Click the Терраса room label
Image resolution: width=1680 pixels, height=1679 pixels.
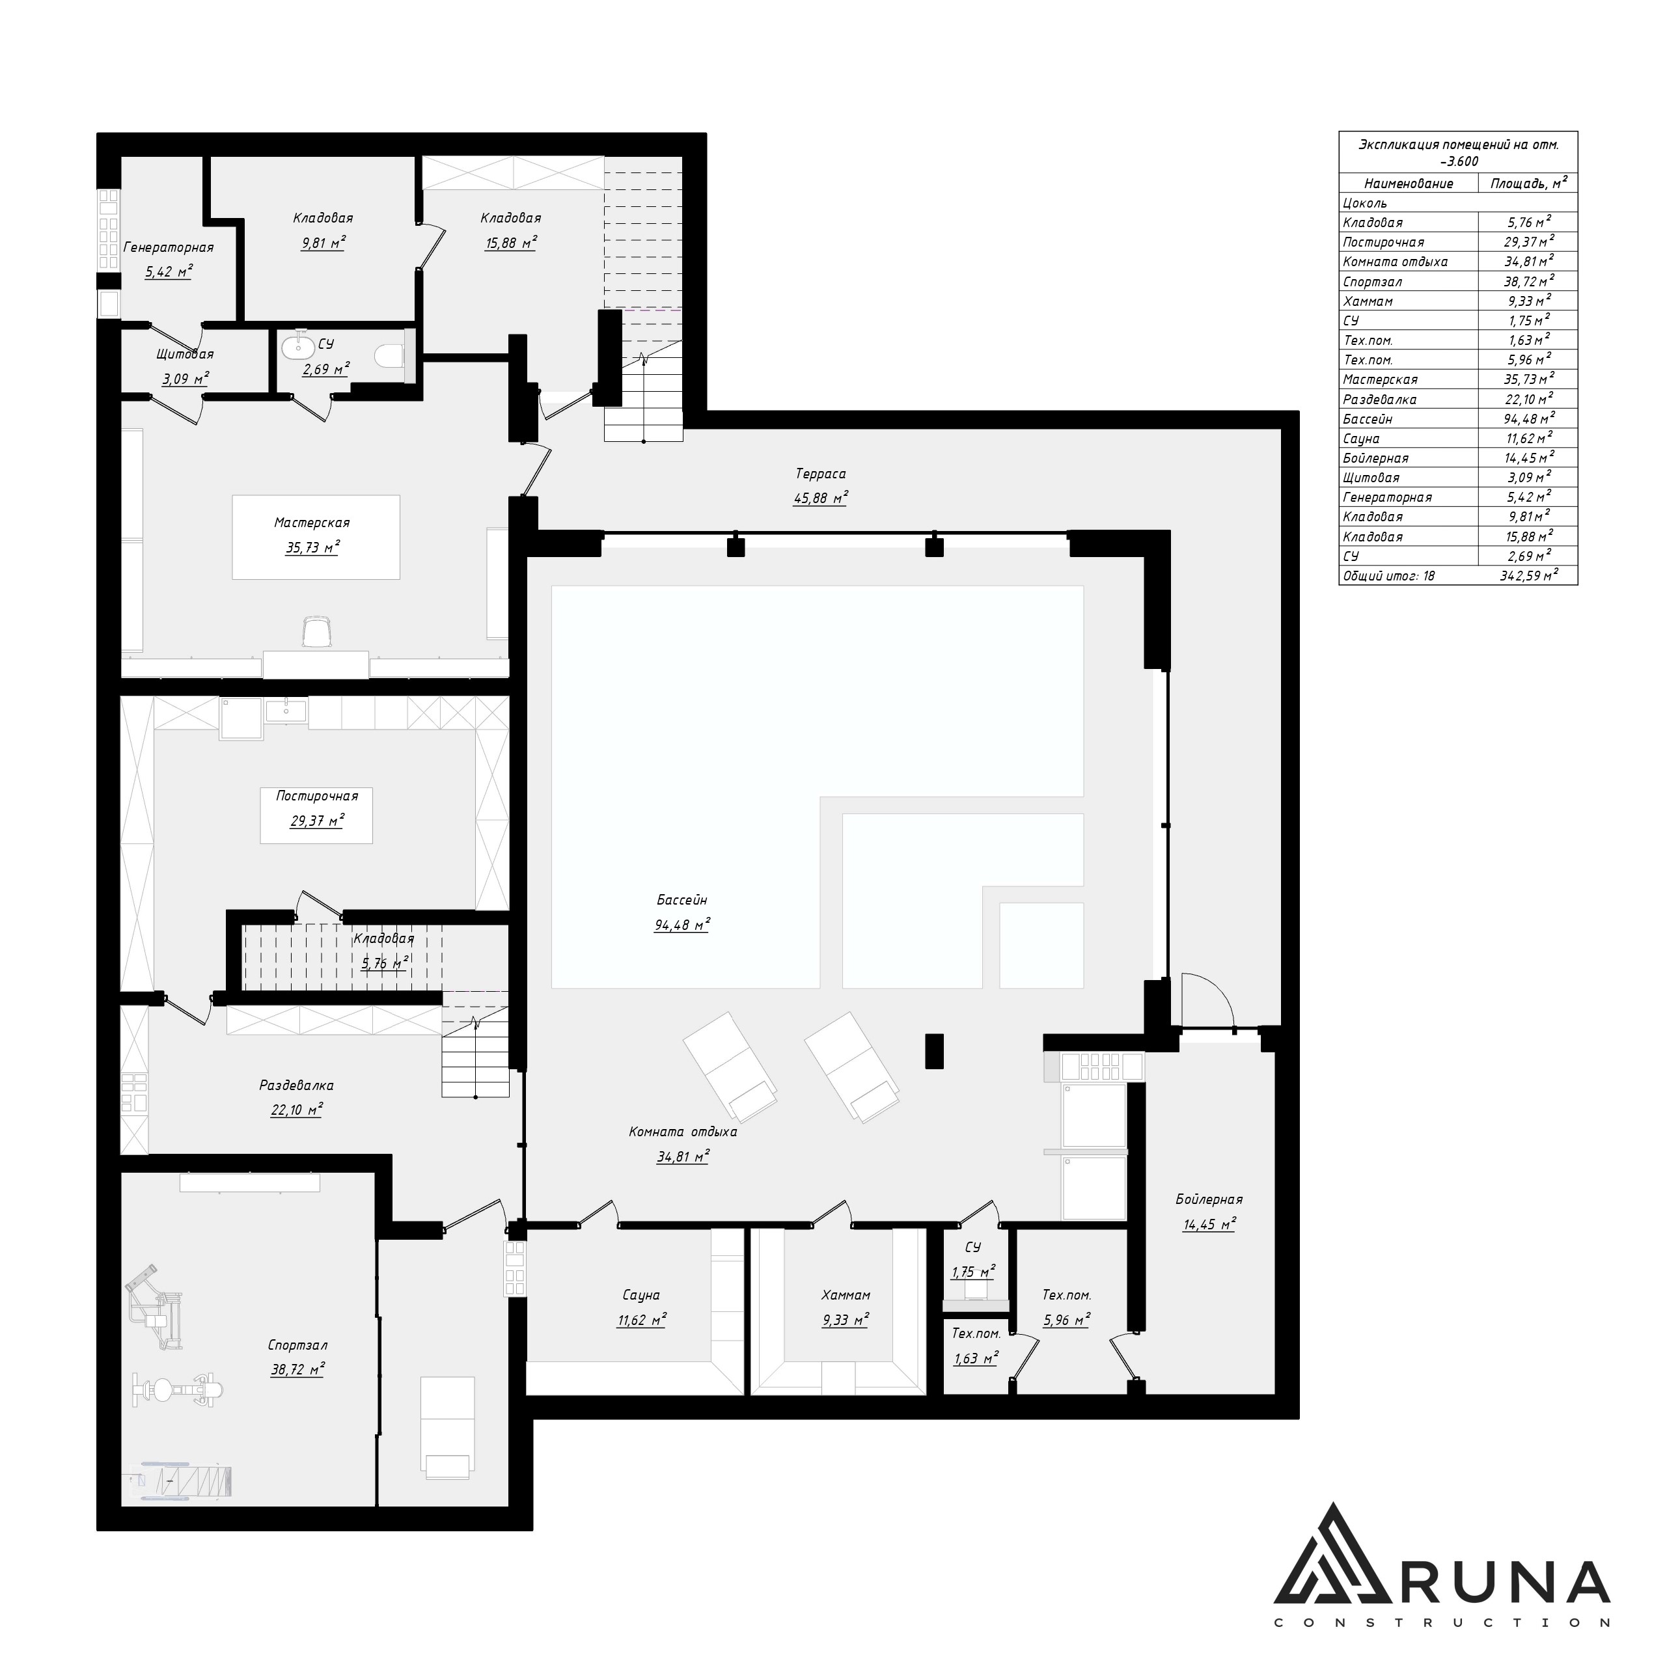click(x=820, y=474)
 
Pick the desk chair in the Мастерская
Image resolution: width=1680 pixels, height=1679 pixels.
click(x=318, y=631)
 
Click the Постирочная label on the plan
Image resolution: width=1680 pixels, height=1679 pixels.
click(x=316, y=796)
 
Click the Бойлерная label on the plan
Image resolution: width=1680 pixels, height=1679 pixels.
click(x=1209, y=1199)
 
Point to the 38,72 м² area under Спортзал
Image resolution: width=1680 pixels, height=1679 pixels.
click(x=297, y=1369)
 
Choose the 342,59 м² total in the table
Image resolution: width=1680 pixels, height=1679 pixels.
click(x=1528, y=575)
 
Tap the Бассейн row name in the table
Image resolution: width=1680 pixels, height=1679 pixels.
click(x=1367, y=419)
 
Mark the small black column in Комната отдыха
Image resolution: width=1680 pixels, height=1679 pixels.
click(x=934, y=1050)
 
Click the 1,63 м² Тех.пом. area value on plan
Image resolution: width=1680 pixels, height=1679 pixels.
click(x=975, y=1358)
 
